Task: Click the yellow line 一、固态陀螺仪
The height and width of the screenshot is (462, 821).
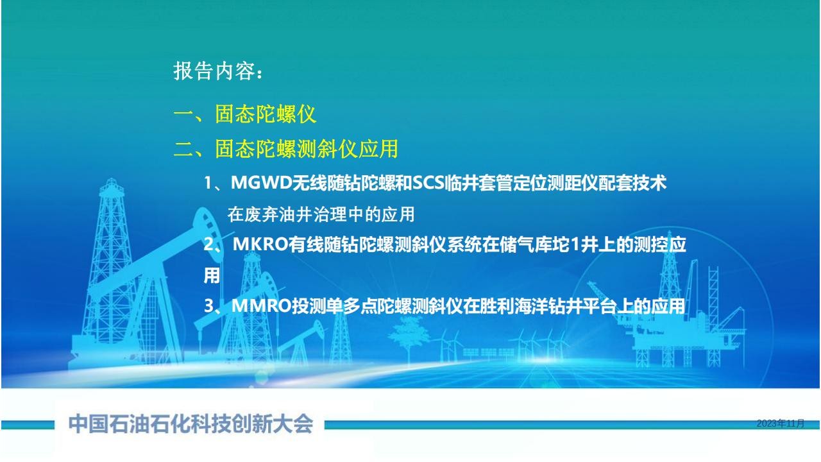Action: point(245,114)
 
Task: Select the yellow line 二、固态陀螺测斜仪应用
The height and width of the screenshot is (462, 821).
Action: point(286,149)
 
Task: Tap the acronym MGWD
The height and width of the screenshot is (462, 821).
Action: point(261,183)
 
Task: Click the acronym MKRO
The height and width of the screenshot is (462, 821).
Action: point(260,244)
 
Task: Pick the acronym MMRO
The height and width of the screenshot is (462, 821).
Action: point(261,306)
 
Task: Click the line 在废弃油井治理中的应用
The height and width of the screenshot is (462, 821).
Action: point(321,214)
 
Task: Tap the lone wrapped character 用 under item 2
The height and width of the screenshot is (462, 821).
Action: point(212,275)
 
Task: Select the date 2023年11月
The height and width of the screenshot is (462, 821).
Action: point(781,424)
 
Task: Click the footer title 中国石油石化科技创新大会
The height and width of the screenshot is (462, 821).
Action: point(191,424)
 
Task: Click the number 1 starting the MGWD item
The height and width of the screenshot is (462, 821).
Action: point(208,183)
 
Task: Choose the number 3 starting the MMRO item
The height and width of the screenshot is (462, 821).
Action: point(208,306)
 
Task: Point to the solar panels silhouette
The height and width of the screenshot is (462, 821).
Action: point(488,353)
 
